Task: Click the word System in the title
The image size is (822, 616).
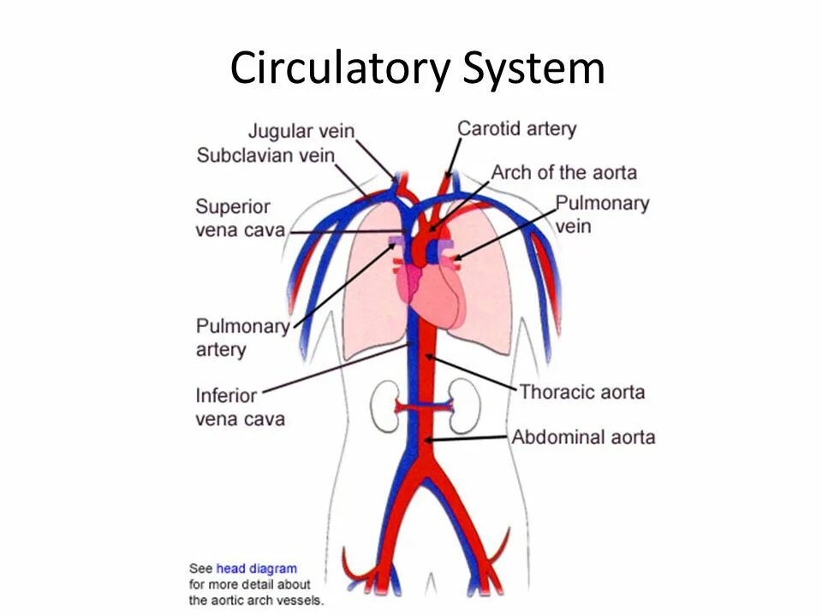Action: point(534,68)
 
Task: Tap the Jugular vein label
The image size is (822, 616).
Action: point(301,131)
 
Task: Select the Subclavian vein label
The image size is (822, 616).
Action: point(265,155)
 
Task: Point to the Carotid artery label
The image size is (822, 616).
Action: point(516,128)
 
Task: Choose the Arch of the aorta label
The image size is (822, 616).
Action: point(563,172)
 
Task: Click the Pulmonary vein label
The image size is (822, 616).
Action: point(602,215)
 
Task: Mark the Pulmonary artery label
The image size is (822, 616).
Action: point(242,337)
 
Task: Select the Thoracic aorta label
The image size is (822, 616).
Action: point(581,393)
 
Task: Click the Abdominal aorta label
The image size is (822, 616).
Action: point(583,437)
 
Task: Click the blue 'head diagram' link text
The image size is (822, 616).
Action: point(257,569)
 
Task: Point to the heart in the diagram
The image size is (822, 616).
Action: point(437,295)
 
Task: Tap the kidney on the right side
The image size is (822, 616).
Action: point(463,407)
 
